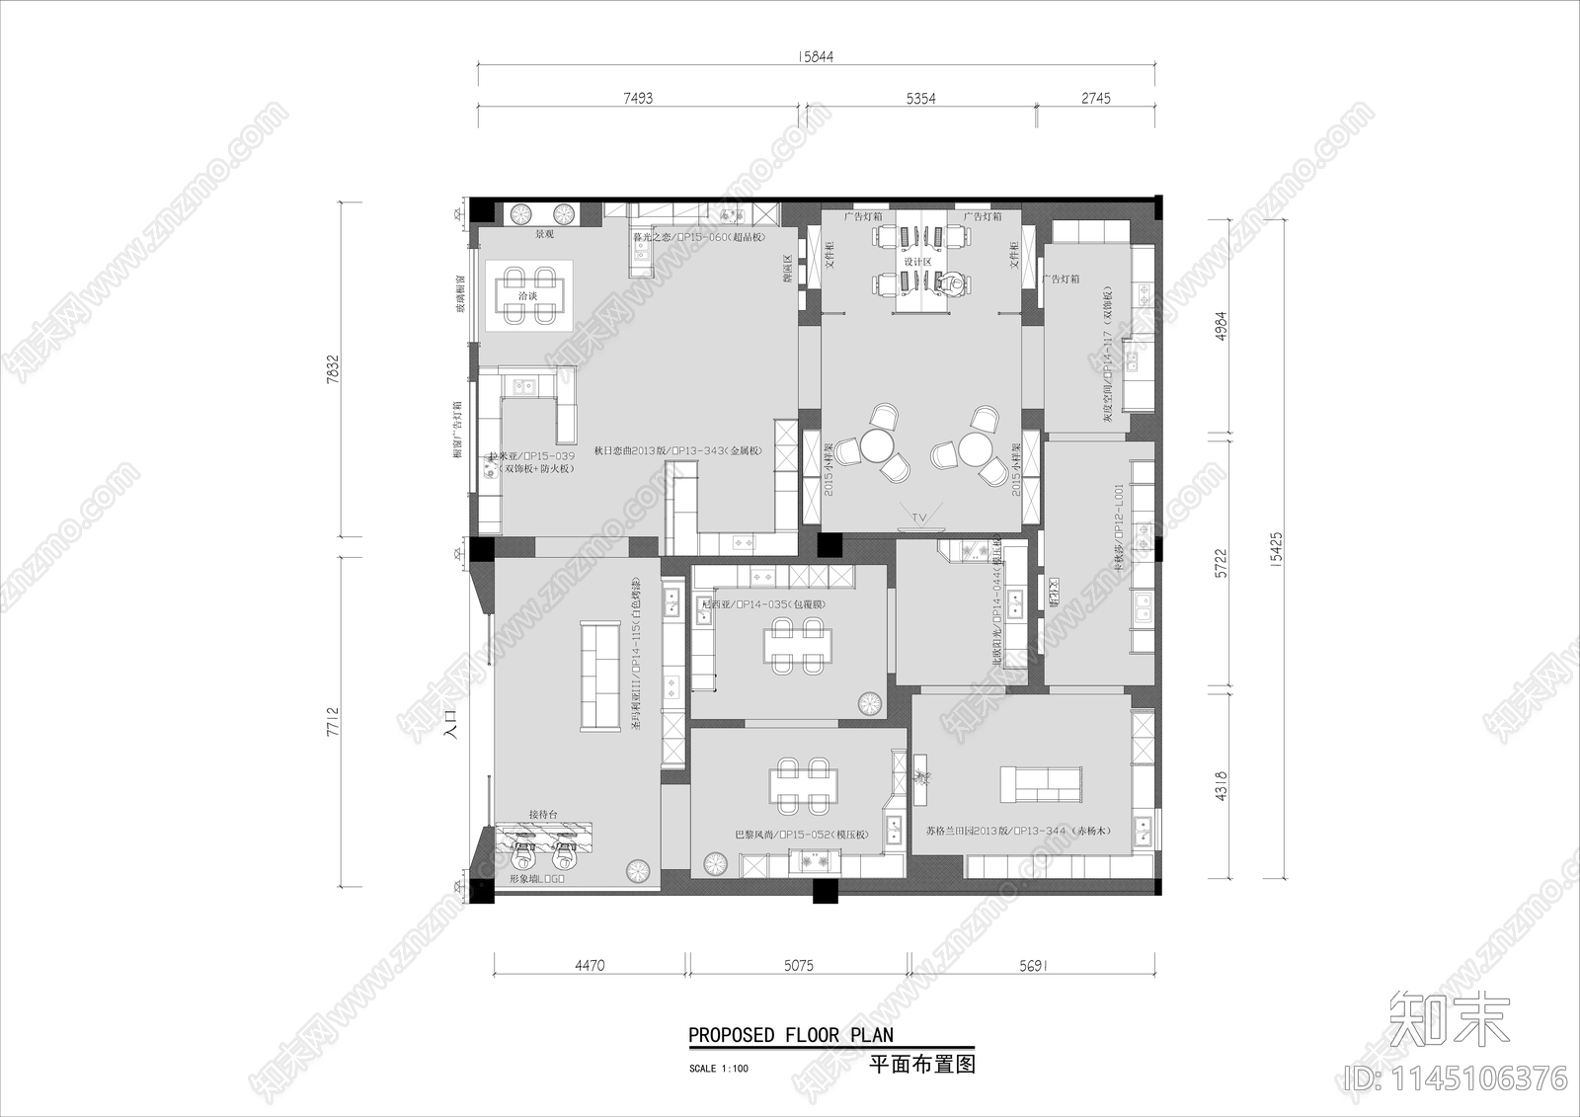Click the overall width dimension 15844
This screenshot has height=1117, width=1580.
pyautogui.click(x=816, y=56)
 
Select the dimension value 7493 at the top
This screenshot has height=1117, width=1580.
pyautogui.click(x=638, y=98)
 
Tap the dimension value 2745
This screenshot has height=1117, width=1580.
pyautogui.click(x=1095, y=98)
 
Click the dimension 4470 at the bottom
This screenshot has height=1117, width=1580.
pyautogui.click(x=590, y=965)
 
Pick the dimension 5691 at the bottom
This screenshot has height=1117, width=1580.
pyautogui.click(x=1032, y=965)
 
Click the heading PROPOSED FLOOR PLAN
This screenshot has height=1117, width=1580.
pyautogui.click(x=790, y=1035)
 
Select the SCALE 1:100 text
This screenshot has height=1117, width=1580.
pyautogui.click(x=719, y=1069)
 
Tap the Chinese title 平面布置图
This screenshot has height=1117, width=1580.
pyautogui.click(x=921, y=1064)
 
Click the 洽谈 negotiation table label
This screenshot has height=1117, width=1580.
pyautogui.click(x=528, y=295)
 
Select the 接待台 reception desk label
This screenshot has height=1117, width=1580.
pyautogui.click(x=543, y=814)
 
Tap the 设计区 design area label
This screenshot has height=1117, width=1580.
pyautogui.click(x=917, y=262)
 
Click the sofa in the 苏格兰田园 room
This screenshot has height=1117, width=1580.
pyautogui.click(x=1043, y=784)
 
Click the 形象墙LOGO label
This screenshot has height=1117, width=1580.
pyautogui.click(x=536, y=878)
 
